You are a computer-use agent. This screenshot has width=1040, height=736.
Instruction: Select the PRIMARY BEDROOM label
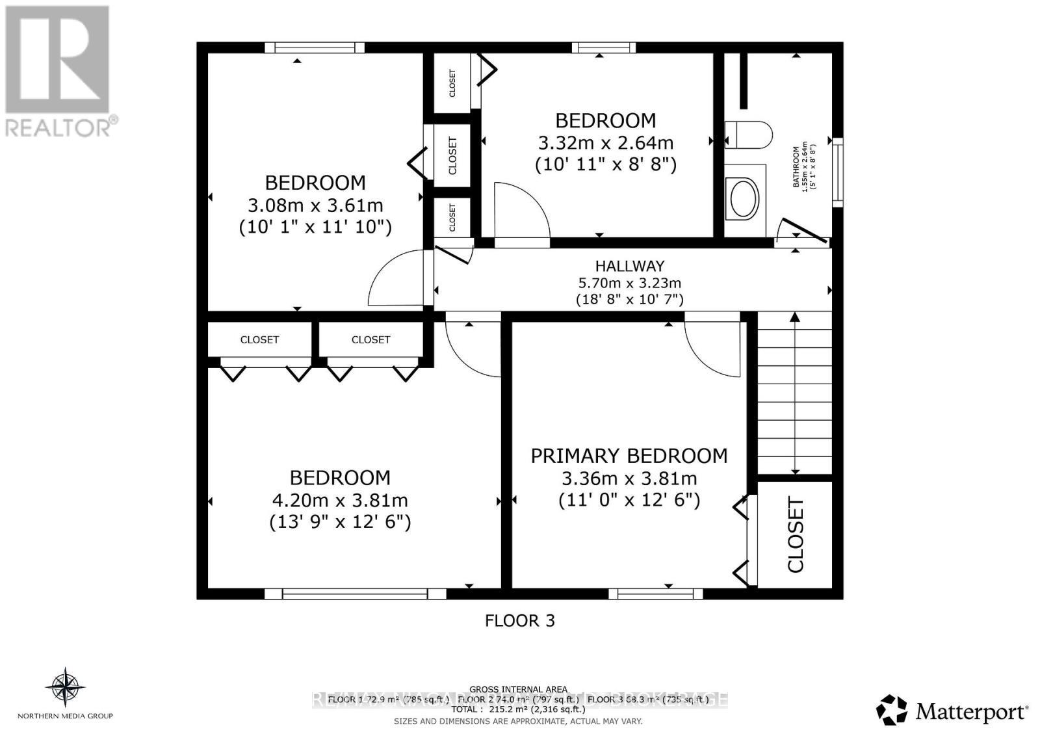[629, 456]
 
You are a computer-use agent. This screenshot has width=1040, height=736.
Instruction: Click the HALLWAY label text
[630, 266]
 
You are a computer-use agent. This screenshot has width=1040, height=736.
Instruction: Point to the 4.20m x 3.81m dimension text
[340, 501]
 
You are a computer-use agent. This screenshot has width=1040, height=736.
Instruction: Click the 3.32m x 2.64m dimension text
[606, 142]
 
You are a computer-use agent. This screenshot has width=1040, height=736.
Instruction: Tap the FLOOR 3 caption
[520, 620]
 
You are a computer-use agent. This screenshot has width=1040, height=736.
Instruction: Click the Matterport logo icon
[892, 710]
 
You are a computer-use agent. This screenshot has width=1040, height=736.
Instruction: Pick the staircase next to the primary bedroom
[794, 393]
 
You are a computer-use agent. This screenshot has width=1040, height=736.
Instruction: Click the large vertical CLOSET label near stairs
[796, 535]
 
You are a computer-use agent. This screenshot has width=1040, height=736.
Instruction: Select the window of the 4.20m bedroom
[355, 593]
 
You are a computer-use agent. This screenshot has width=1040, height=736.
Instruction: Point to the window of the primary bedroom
[655, 593]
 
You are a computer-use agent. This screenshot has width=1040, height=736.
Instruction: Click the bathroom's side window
[838, 172]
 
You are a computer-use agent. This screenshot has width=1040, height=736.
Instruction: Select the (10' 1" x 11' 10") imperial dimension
[315, 228]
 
